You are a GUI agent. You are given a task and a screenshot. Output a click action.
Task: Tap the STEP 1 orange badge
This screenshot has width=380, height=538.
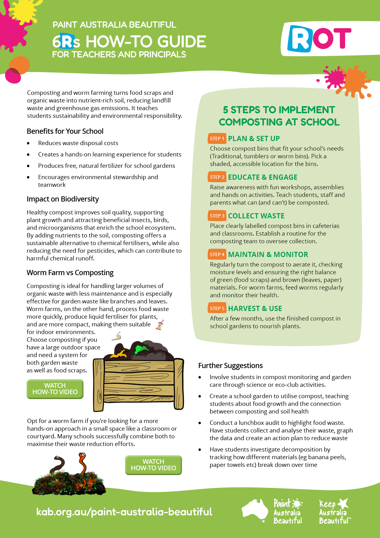click(x=217, y=139)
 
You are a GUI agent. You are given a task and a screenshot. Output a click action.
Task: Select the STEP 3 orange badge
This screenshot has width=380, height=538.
click(x=217, y=216)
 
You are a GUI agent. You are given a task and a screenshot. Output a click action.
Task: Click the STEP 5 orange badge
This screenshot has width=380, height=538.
click(x=217, y=309)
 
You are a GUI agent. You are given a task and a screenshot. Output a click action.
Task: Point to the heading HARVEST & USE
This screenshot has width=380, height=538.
click(x=255, y=309)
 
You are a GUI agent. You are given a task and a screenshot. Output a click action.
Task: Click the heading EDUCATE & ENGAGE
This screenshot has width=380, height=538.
click(x=263, y=177)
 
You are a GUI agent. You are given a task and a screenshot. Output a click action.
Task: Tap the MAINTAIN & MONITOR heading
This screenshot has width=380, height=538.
click(x=268, y=255)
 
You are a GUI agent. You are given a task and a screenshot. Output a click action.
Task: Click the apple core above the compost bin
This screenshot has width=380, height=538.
click(x=160, y=325)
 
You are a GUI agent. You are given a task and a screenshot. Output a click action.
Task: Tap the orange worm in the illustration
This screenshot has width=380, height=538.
click(x=82, y=463)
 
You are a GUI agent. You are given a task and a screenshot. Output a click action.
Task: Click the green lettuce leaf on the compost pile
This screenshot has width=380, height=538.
click(x=141, y=349)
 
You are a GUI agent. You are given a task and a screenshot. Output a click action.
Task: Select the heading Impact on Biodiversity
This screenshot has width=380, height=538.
click(x=63, y=199)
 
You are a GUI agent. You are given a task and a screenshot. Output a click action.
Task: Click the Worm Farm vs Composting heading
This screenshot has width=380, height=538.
click(x=70, y=273)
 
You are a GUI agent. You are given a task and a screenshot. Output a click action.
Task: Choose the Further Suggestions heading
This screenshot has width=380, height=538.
click(x=230, y=366)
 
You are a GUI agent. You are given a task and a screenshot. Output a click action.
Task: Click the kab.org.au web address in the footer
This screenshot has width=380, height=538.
click(x=124, y=512)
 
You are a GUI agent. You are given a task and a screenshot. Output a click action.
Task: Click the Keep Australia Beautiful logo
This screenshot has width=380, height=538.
click(x=334, y=512)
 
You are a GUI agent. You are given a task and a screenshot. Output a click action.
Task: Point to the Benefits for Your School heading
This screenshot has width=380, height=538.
click(x=65, y=131)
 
